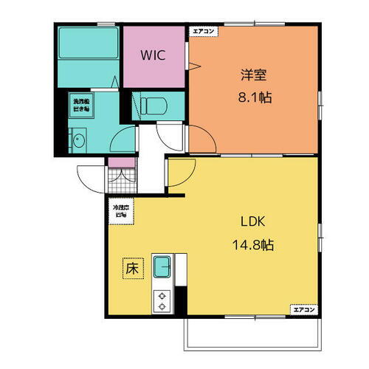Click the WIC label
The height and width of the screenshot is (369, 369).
[x=154, y=55]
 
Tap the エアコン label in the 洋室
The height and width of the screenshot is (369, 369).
[x=203, y=31]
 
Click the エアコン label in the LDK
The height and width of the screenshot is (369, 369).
[x=304, y=308]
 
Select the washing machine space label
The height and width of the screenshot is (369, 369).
[x=80, y=105]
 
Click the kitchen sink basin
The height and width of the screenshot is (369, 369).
[x=162, y=264]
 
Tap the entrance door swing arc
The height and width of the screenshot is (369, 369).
[x=90, y=179]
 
